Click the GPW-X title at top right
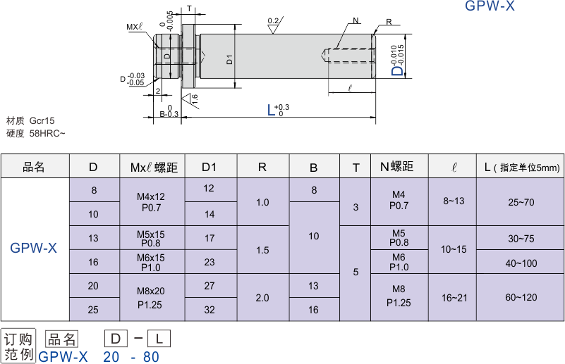click(x=490, y=7)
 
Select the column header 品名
click(x=34, y=167)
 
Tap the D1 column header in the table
click(x=209, y=167)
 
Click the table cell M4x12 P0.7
click(x=152, y=202)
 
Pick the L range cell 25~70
click(x=521, y=202)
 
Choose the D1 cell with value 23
click(x=209, y=262)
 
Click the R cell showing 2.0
click(x=262, y=298)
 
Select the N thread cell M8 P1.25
click(x=399, y=298)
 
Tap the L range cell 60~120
click(x=521, y=298)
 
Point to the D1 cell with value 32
click(x=209, y=310)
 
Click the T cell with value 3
click(x=356, y=207)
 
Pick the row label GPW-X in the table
click(x=34, y=248)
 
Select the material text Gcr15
click(x=42, y=121)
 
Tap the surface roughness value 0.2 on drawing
click(x=273, y=21)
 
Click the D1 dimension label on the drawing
click(x=230, y=59)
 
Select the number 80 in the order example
click(x=151, y=357)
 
